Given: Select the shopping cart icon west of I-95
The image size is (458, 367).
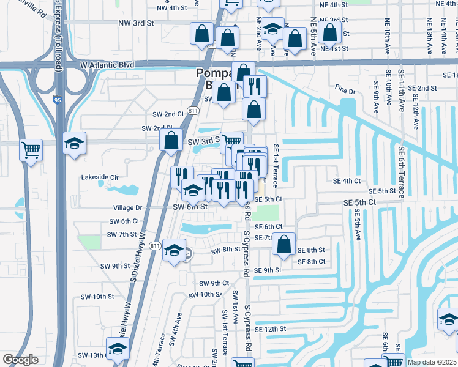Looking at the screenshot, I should coord(31,149).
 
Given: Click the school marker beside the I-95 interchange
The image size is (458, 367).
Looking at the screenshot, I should coord(74,144).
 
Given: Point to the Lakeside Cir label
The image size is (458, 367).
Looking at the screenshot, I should coord(100,178).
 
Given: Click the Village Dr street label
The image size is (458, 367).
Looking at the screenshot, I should coord(126,207).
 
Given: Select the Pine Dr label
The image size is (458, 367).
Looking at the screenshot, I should coord(346,91).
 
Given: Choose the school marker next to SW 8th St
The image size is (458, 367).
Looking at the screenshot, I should coord(174,250).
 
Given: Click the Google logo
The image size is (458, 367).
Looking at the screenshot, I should coord(20,360).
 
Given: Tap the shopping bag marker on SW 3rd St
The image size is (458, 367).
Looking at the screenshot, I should coord(171,140).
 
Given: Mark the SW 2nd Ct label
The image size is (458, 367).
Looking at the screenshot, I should coord(168,114).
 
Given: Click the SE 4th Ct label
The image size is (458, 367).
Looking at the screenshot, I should coord(347,181).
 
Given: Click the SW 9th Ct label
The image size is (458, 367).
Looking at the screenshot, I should coord(214,283).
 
